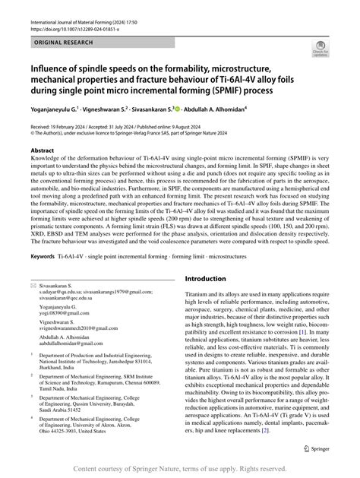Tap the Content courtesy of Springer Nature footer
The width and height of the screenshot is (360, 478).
click(179, 469)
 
